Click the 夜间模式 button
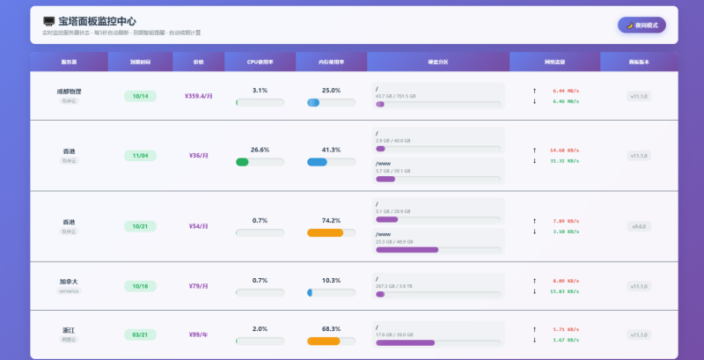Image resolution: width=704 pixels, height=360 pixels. click(642, 25)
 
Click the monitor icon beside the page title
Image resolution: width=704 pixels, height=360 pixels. click(49, 21)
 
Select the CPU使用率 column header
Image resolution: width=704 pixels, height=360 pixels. click(260, 62)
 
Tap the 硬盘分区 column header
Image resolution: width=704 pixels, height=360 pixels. click(437, 62)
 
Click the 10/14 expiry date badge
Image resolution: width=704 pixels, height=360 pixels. click(140, 96)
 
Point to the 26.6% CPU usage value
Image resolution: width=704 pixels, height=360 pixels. click(260, 150)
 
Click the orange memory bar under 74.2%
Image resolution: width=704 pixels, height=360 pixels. click(325, 232)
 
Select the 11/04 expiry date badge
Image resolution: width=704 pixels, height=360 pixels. click(140, 156)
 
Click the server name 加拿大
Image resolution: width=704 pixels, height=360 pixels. click(69, 282)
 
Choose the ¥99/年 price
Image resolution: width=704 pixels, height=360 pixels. click(198, 334)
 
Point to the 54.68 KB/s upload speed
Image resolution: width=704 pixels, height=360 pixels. click(563, 151)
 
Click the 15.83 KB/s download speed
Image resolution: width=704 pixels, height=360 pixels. click(563, 291)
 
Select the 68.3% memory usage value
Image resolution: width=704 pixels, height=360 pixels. click(331, 328)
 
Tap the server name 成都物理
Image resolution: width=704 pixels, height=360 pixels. click(69, 91)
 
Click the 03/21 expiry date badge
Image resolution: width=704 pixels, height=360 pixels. click(140, 334)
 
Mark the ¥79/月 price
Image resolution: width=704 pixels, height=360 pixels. click(198, 286)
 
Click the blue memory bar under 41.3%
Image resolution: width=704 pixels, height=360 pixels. click(318, 162)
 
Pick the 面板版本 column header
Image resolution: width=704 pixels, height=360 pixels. click(639, 62)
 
